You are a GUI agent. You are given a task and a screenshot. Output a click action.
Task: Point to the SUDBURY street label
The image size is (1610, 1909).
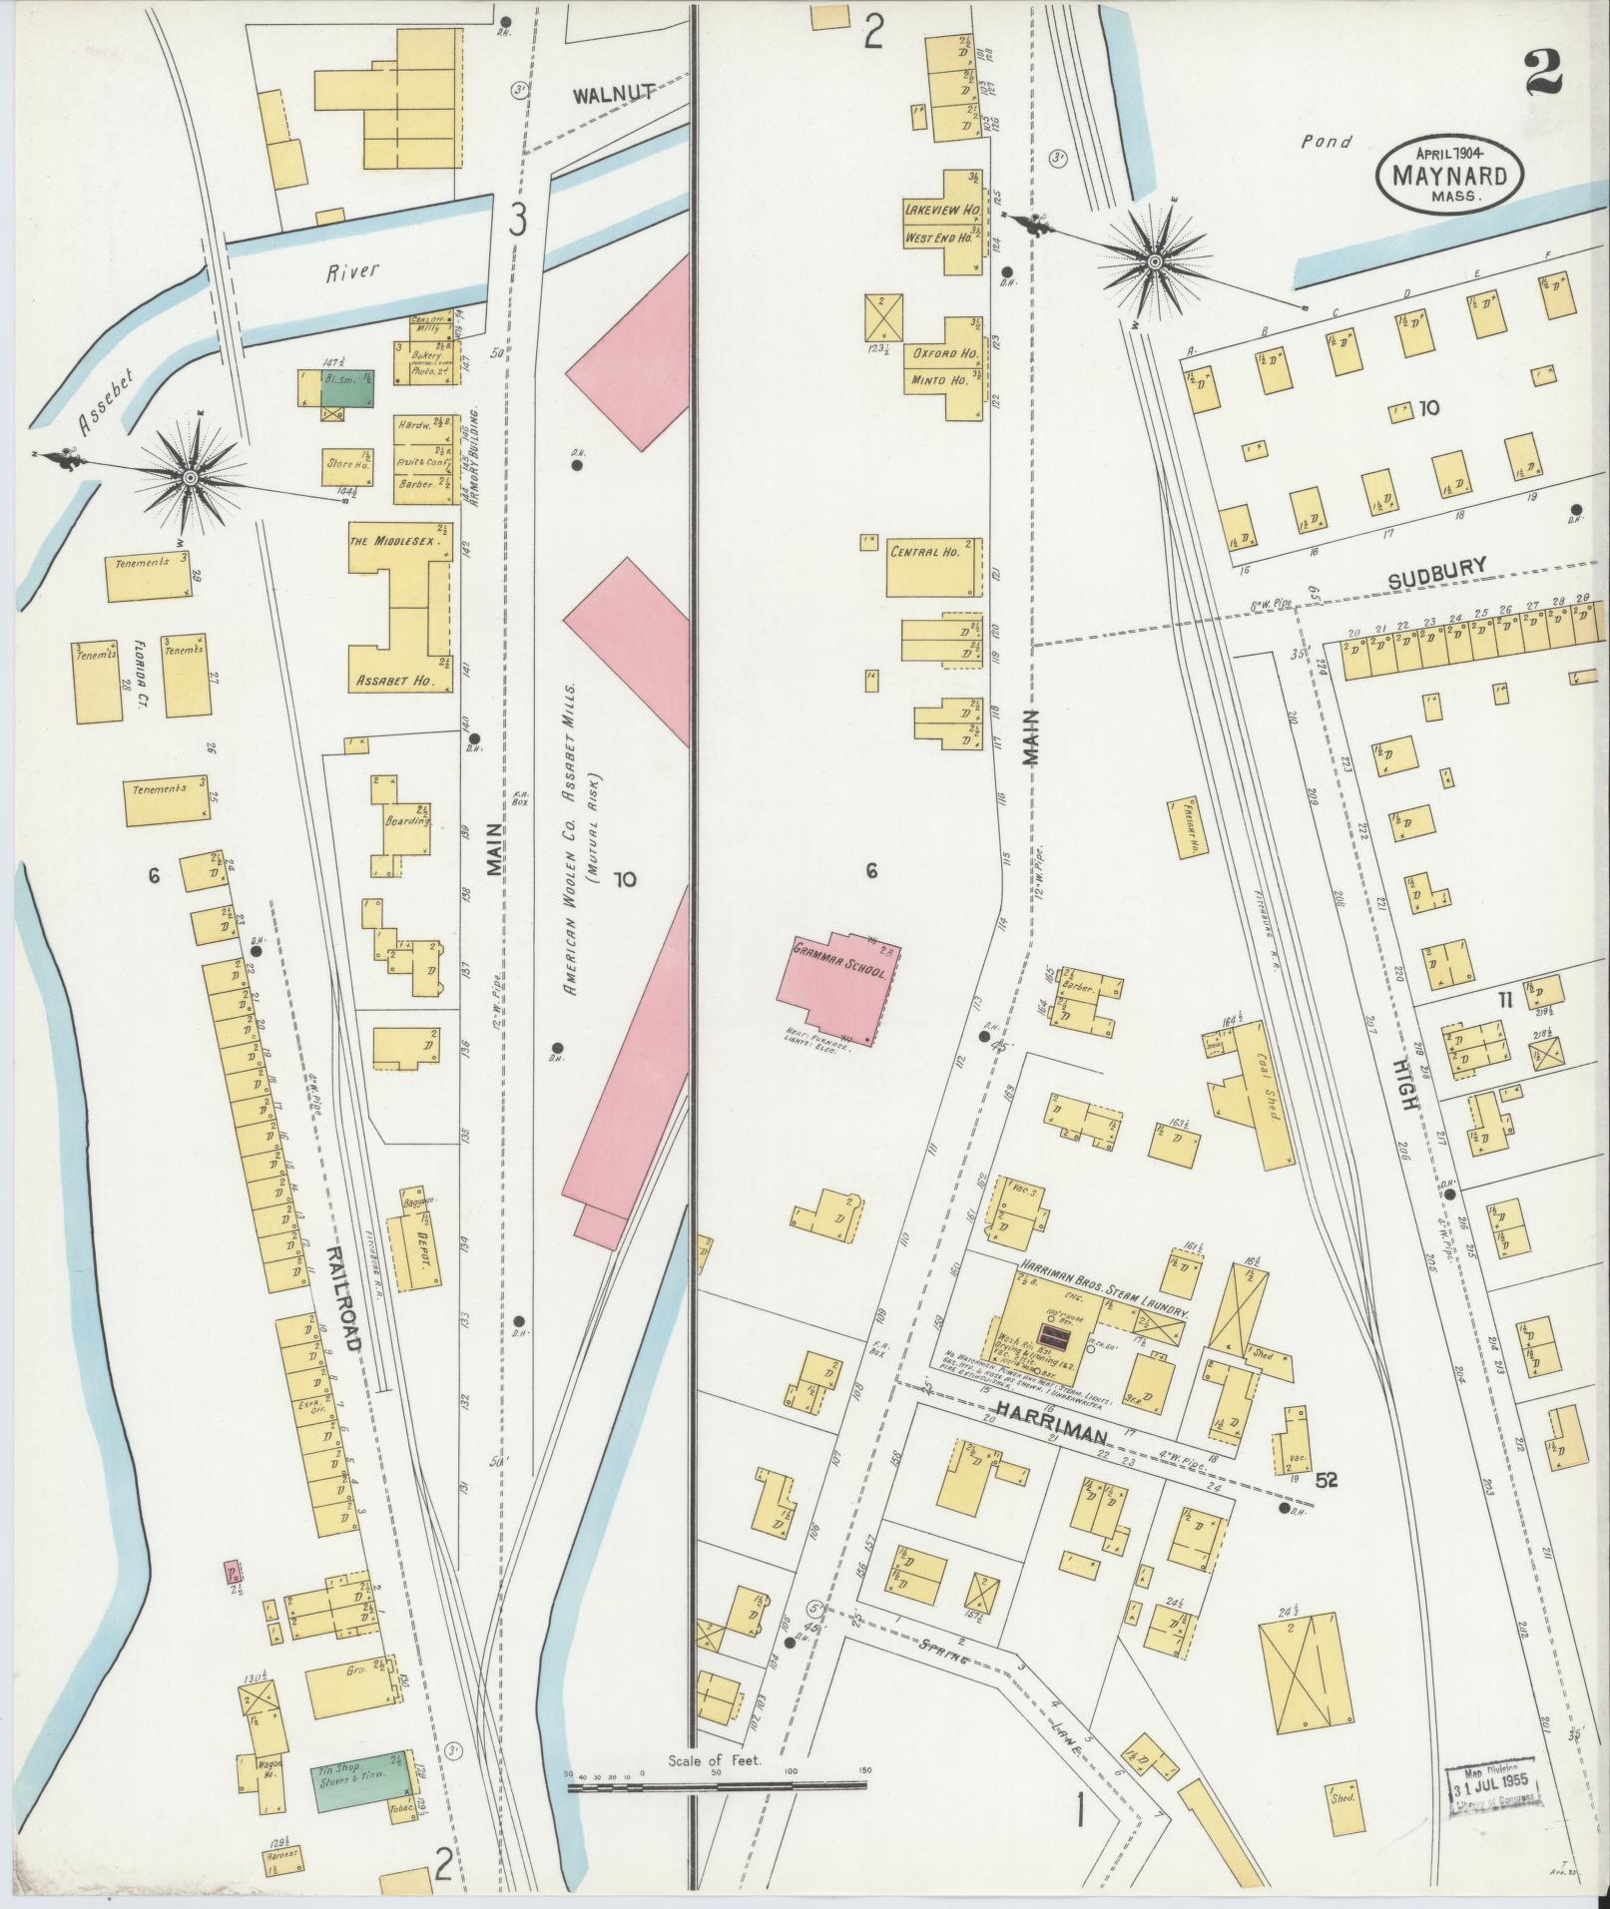pos(1437,567)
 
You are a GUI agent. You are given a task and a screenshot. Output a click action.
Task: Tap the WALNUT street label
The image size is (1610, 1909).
pos(613,95)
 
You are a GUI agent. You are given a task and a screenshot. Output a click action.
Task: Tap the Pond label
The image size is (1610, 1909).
pos(1327,142)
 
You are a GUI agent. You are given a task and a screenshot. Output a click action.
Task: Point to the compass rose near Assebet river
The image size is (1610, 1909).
pos(189,479)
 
